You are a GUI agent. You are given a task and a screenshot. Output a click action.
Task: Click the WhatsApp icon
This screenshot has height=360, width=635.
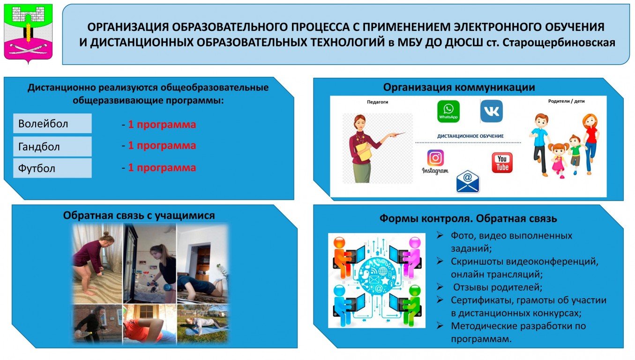coord(448,112)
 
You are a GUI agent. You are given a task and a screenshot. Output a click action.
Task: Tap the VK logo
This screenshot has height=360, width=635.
coord(492,111)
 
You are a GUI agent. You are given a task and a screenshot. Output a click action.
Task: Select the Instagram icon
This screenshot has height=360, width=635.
coord(435,162)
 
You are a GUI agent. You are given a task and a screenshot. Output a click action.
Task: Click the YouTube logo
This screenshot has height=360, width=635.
coord(502,163)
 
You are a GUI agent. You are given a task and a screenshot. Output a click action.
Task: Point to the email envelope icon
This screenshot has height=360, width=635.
coord(468,182)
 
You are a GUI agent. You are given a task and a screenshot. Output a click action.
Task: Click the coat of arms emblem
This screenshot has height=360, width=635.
coord(28,33)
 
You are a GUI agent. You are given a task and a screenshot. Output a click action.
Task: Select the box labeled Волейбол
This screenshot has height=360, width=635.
coord(52,124)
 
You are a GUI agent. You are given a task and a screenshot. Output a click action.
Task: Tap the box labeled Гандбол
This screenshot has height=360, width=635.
coord(52,147)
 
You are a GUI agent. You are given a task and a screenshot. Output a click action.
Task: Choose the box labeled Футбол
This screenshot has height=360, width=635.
coord(52,168)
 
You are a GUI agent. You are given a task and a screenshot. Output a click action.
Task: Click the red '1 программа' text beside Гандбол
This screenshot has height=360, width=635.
coord(162,145)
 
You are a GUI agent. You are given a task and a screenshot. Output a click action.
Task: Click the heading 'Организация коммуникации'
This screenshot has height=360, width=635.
coord(459,87)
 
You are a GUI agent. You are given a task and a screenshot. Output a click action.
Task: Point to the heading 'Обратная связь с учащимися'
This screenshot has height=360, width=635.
coord(139,216)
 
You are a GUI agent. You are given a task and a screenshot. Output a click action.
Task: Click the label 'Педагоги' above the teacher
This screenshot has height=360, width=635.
coord(377,102)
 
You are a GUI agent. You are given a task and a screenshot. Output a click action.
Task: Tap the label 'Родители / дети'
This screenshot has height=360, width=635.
coord(566,101)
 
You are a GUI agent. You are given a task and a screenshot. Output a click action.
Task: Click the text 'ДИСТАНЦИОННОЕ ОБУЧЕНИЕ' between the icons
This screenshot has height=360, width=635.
coord(471,136)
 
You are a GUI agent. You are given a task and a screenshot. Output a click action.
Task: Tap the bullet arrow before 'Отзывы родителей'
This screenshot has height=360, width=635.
coord(440,287)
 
